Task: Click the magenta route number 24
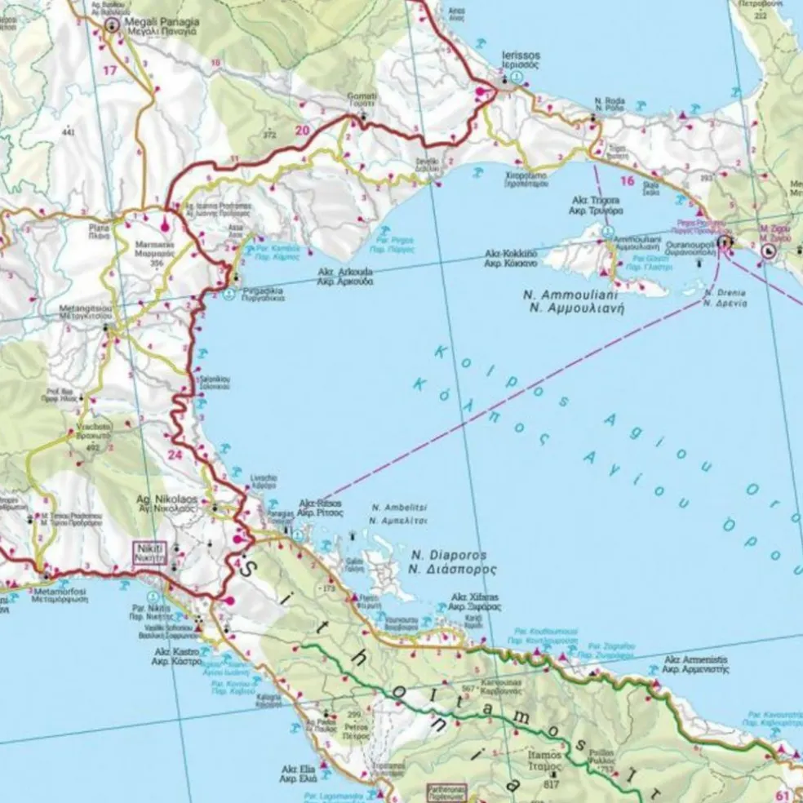point(174,455)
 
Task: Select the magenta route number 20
point(303,131)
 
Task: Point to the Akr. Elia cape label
point(298,771)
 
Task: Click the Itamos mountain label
point(543,763)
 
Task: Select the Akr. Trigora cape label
point(597,206)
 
